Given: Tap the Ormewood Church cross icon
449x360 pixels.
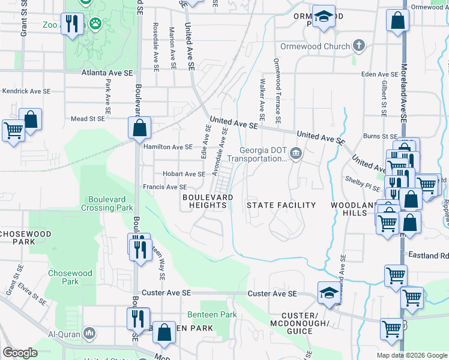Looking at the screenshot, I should pyautogui.click(x=358, y=46).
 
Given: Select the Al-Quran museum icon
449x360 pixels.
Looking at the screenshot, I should pyautogui.click(x=89, y=332).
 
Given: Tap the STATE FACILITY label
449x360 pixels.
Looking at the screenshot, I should pyautogui.click(x=282, y=205).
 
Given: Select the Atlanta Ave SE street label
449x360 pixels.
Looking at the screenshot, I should pyautogui.click(x=107, y=73).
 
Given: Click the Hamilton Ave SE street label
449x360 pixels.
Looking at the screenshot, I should pyautogui.click(x=167, y=146).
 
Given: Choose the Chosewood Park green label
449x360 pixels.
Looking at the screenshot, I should pyautogui.click(x=70, y=277).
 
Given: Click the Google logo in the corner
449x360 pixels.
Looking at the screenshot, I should pyautogui.click(x=20, y=353).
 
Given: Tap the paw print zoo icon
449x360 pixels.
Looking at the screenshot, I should pyautogui.click(x=95, y=23).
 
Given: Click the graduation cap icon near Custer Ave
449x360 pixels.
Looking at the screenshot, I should pyautogui.click(x=328, y=293).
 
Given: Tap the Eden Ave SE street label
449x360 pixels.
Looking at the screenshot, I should pyautogui.click(x=381, y=74).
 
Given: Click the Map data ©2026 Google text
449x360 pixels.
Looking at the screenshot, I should pyautogui.click(x=411, y=355).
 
